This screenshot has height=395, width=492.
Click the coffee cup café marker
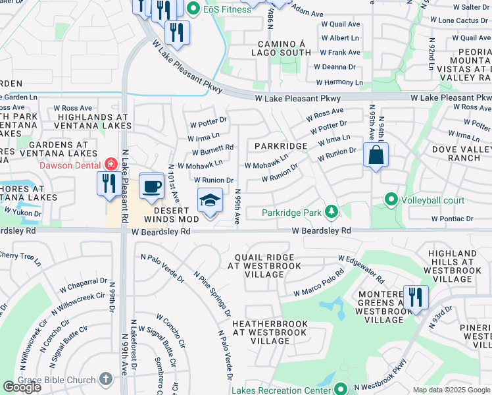click(151, 186)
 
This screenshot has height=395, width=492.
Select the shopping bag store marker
click(376, 156)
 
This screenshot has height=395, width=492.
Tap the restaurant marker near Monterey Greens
click(415, 297)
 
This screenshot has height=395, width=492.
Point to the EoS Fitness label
click(222, 9)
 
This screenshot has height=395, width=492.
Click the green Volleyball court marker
click(391, 200)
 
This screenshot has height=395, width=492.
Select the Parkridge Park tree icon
click(332, 212)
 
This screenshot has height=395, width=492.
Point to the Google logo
click(22, 387)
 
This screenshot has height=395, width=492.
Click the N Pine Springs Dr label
click(212, 290)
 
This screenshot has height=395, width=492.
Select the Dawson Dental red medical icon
click(111, 165)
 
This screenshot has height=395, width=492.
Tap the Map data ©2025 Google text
click(451, 390)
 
